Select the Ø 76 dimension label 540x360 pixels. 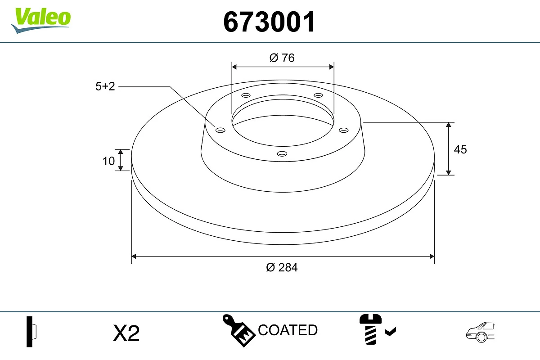pos(282,58)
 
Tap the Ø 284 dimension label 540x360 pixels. pos(282,267)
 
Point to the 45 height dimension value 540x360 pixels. pos(460,149)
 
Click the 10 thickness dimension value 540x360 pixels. pos(108,161)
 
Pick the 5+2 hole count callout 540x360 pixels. pos(105,86)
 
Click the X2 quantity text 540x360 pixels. pos(126,333)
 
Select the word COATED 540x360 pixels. pos(288,330)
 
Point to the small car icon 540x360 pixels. pos(480,332)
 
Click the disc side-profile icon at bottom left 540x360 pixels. pos(31,332)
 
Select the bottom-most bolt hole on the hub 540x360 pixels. pos(282,154)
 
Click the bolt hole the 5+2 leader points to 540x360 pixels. pos(220,130)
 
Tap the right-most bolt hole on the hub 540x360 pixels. pos(344,130)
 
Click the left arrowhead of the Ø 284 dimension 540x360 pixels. pos(134,256)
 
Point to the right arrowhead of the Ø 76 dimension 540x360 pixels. pos(332,67)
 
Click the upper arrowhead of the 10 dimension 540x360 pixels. pos(121,152)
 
